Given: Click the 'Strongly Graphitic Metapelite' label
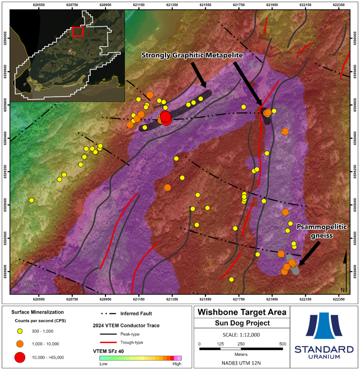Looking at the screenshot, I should coord(192,55).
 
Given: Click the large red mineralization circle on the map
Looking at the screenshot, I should coord(165,117).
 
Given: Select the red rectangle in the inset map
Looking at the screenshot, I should coord(78,31).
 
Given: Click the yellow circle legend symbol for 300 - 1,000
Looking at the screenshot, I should coord(20,331).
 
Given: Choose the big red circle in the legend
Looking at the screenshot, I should coord(20,357).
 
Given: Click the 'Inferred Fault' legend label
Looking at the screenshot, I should coord(136,314).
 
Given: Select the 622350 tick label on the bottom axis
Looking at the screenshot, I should coord(339,299).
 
